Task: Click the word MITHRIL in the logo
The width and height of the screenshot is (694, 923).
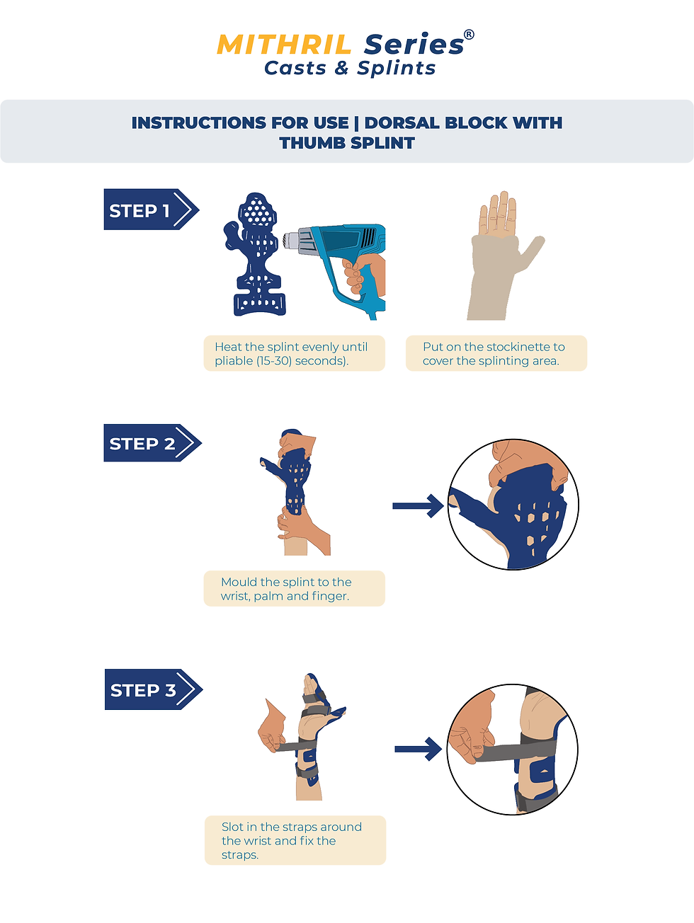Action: pyautogui.click(x=284, y=45)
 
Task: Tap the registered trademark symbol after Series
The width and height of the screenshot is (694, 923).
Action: pyautogui.click(x=469, y=35)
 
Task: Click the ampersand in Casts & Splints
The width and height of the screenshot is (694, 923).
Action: pyautogui.click(x=342, y=68)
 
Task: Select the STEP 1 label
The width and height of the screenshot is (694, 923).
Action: pyautogui.click(x=140, y=210)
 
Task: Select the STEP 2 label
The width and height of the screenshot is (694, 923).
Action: pyautogui.click(x=142, y=444)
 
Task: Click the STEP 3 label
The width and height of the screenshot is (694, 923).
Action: pyautogui.click(x=143, y=690)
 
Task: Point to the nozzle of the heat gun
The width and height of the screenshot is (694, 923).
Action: pyautogui.click(x=291, y=240)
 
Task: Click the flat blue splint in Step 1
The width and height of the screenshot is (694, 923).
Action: pyautogui.click(x=256, y=255)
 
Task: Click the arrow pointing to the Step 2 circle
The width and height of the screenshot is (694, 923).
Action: pyautogui.click(x=418, y=505)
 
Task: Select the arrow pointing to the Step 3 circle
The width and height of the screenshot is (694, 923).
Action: pyautogui.click(x=419, y=749)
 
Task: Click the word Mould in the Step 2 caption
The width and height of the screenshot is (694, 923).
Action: pyautogui.click(x=239, y=582)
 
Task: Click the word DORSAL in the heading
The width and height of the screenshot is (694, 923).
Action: pyautogui.click(x=401, y=122)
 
